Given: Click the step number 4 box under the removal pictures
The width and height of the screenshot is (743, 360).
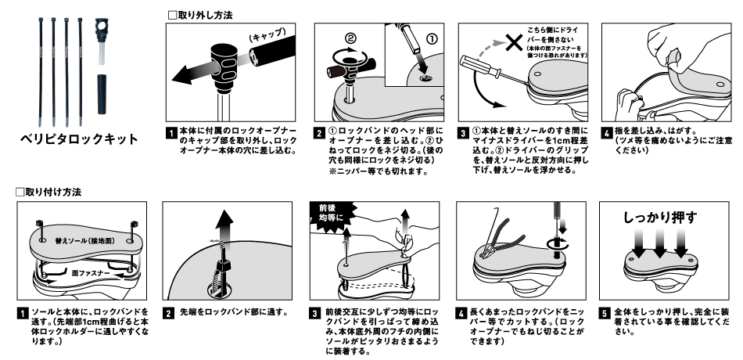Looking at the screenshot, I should (605, 131).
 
